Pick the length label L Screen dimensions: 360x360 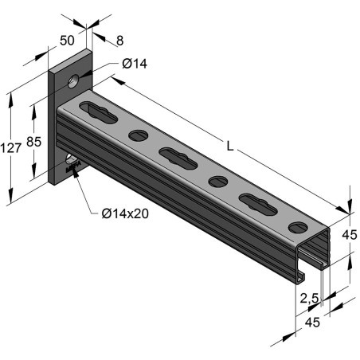pyautogui.click(x=230, y=147)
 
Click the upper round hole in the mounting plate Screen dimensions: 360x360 pyautogui.click(x=73, y=80)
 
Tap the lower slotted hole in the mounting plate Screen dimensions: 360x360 pyautogui.click(x=72, y=162)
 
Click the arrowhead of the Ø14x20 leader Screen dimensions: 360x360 pyautogui.click(x=78, y=169)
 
